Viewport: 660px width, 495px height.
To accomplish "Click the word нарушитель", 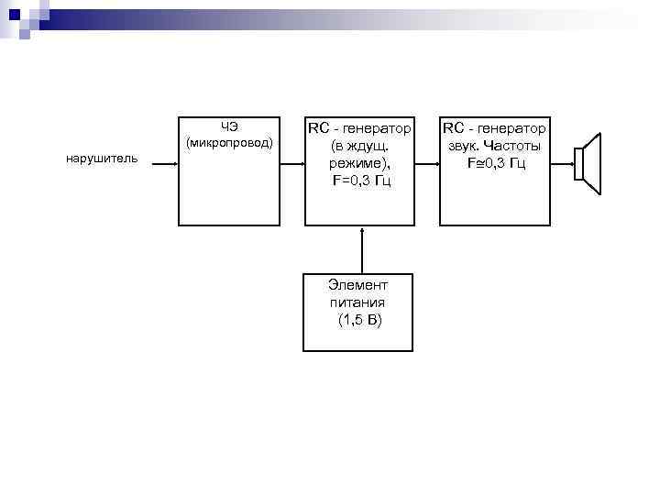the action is click(x=102, y=159).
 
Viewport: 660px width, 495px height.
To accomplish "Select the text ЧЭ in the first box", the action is click(x=229, y=126).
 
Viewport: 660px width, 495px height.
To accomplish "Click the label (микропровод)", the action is click(x=229, y=143).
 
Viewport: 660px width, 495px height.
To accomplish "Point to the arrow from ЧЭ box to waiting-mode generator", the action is click(x=292, y=165).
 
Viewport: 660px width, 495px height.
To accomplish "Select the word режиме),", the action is click(x=360, y=162).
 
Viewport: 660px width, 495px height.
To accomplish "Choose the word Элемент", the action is click(x=358, y=285).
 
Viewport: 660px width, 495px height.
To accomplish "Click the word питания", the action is click(x=357, y=302).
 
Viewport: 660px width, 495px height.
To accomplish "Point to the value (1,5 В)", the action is click(x=358, y=319).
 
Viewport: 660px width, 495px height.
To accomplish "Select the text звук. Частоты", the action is click(x=495, y=146).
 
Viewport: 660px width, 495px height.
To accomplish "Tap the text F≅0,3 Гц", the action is click(x=495, y=163).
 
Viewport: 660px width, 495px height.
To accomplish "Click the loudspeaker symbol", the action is click(x=587, y=164).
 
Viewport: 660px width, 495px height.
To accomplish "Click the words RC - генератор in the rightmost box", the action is click(x=495, y=128).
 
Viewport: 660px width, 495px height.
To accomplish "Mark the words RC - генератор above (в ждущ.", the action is click(x=360, y=127).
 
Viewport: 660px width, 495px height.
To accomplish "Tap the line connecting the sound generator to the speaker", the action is click(x=562, y=165).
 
